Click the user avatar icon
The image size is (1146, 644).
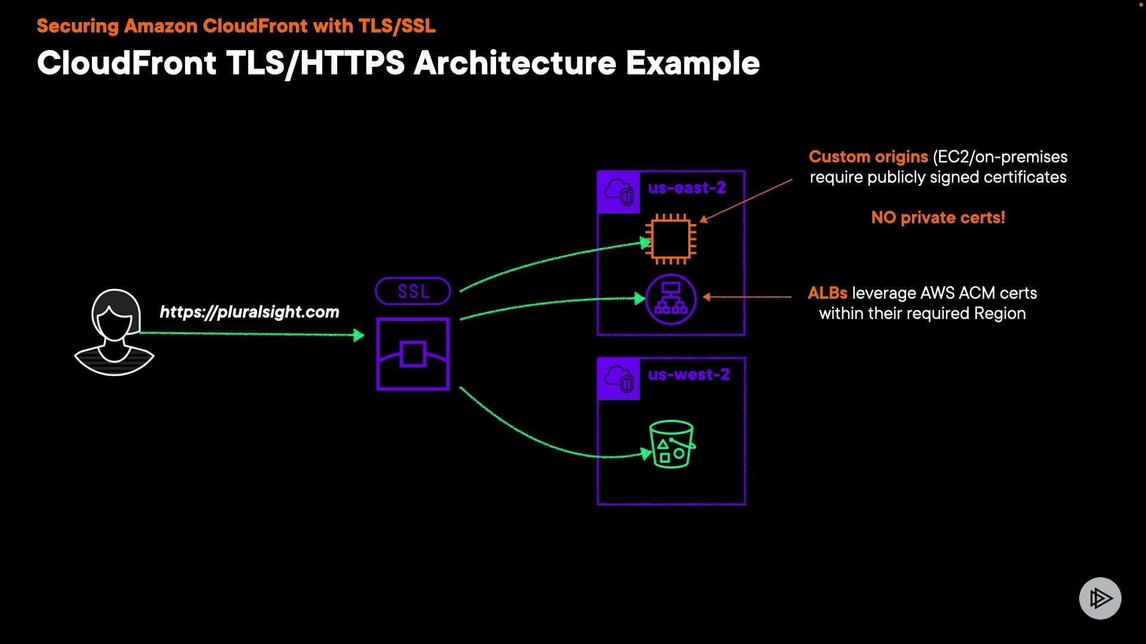click(114, 332)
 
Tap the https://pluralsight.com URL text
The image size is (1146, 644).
click(249, 312)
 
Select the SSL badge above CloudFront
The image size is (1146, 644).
click(413, 291)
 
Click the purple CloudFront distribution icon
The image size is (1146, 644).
click(413, 354)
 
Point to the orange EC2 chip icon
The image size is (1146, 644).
click(671, 239)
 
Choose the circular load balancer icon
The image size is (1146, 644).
click(671, 299)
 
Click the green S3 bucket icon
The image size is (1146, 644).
click(672, 444)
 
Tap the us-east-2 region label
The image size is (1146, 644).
click(687, 188)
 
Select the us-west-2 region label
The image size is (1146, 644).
click(689, 374)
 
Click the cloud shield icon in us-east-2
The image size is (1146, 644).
click(618, 192)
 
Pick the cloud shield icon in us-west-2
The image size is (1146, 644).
click(618, 379)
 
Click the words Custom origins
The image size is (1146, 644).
click(868, 157)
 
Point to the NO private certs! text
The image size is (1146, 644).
click(938, 218)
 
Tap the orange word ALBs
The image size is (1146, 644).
click(827, 293)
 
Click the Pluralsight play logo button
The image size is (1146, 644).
click(1100, 598)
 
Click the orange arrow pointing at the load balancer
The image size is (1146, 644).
click(747, 296)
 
